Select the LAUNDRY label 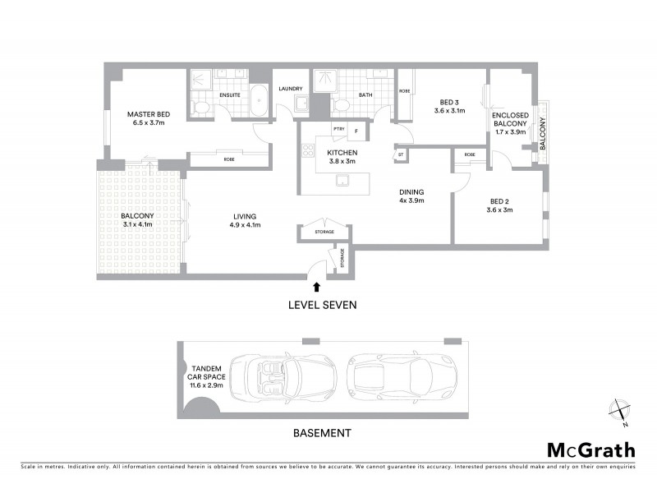291,89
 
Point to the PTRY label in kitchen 338,129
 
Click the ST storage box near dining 401,154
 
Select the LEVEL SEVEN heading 321,304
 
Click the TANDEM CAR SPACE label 205,377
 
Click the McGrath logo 590,449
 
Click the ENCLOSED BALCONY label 510,122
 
